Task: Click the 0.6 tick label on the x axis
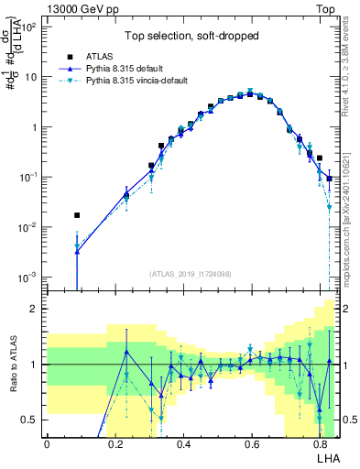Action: [x=251, y=444]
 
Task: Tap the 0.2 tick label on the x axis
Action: [x=115, y=444]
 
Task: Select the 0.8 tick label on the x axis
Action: [x=319, y=444]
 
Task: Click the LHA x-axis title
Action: [x=327, y=457]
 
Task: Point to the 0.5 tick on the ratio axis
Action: [x=29, y=420]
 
